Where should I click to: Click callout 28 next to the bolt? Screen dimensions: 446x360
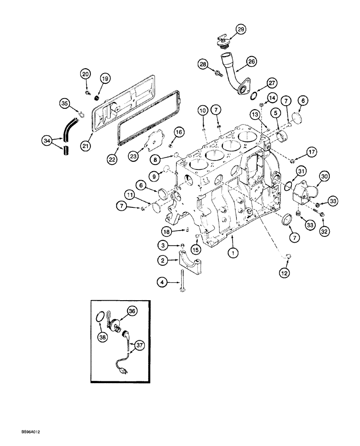click(x=204, y=65)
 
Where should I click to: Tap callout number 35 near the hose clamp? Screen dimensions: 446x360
click(x=65, y=104)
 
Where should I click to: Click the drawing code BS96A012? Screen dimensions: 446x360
click(x=31, y=432)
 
